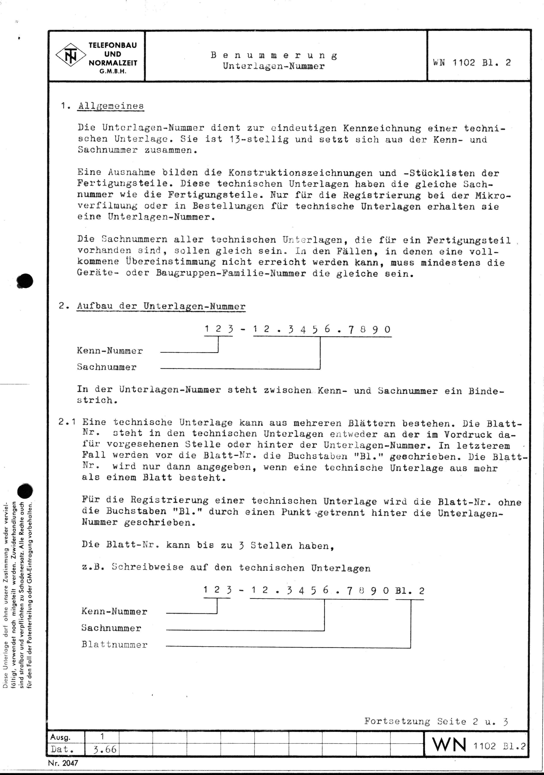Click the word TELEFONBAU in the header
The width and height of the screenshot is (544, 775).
(113, 46)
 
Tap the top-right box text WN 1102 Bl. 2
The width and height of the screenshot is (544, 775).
(472, 63)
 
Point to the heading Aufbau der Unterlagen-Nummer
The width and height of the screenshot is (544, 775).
(161, 306)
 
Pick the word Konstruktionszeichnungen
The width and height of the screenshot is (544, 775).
(300, 173)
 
